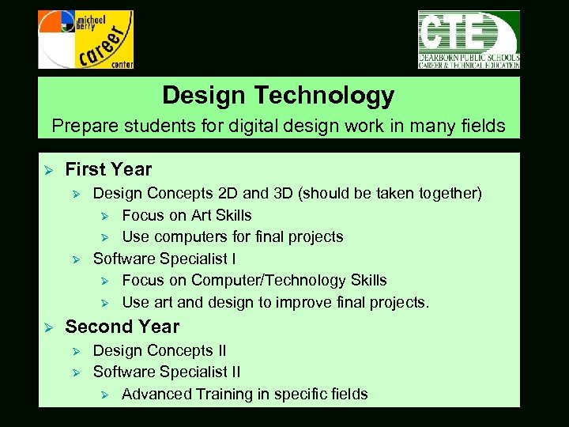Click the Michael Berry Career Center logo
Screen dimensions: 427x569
click(x=85, y=40)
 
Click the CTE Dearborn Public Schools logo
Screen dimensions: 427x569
click(x=468, y=40)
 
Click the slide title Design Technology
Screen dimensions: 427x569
click(x=278, y=96)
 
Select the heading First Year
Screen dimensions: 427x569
click(x=108, y=169)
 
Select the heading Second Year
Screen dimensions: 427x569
click(x=122, y=327)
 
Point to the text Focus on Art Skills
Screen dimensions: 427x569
click(x=187, y=215)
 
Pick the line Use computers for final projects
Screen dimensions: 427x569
click(x=232, y=236)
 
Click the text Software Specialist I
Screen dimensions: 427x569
click(x=164, y=259)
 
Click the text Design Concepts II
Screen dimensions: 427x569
click(x=159, y=350)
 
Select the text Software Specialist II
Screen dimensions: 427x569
click(x=167, y=372)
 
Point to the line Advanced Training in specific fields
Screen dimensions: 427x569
click(x=244, y=394)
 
